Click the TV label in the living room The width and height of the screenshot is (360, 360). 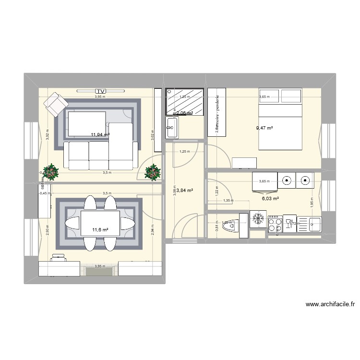coord(100,91)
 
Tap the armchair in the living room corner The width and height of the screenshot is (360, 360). coord(55,103)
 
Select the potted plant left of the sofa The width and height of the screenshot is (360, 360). coord(50,171)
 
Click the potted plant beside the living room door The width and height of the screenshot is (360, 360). coord(153,171)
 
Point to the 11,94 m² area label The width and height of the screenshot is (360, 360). coord(100,135)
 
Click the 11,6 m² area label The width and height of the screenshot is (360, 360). coord(100,229)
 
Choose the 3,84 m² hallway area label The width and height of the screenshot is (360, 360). coord(185,190)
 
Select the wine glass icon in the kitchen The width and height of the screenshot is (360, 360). coord(289,223)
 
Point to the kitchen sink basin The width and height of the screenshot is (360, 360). coord(315,223)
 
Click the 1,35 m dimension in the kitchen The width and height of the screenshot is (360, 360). coord(228,201)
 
